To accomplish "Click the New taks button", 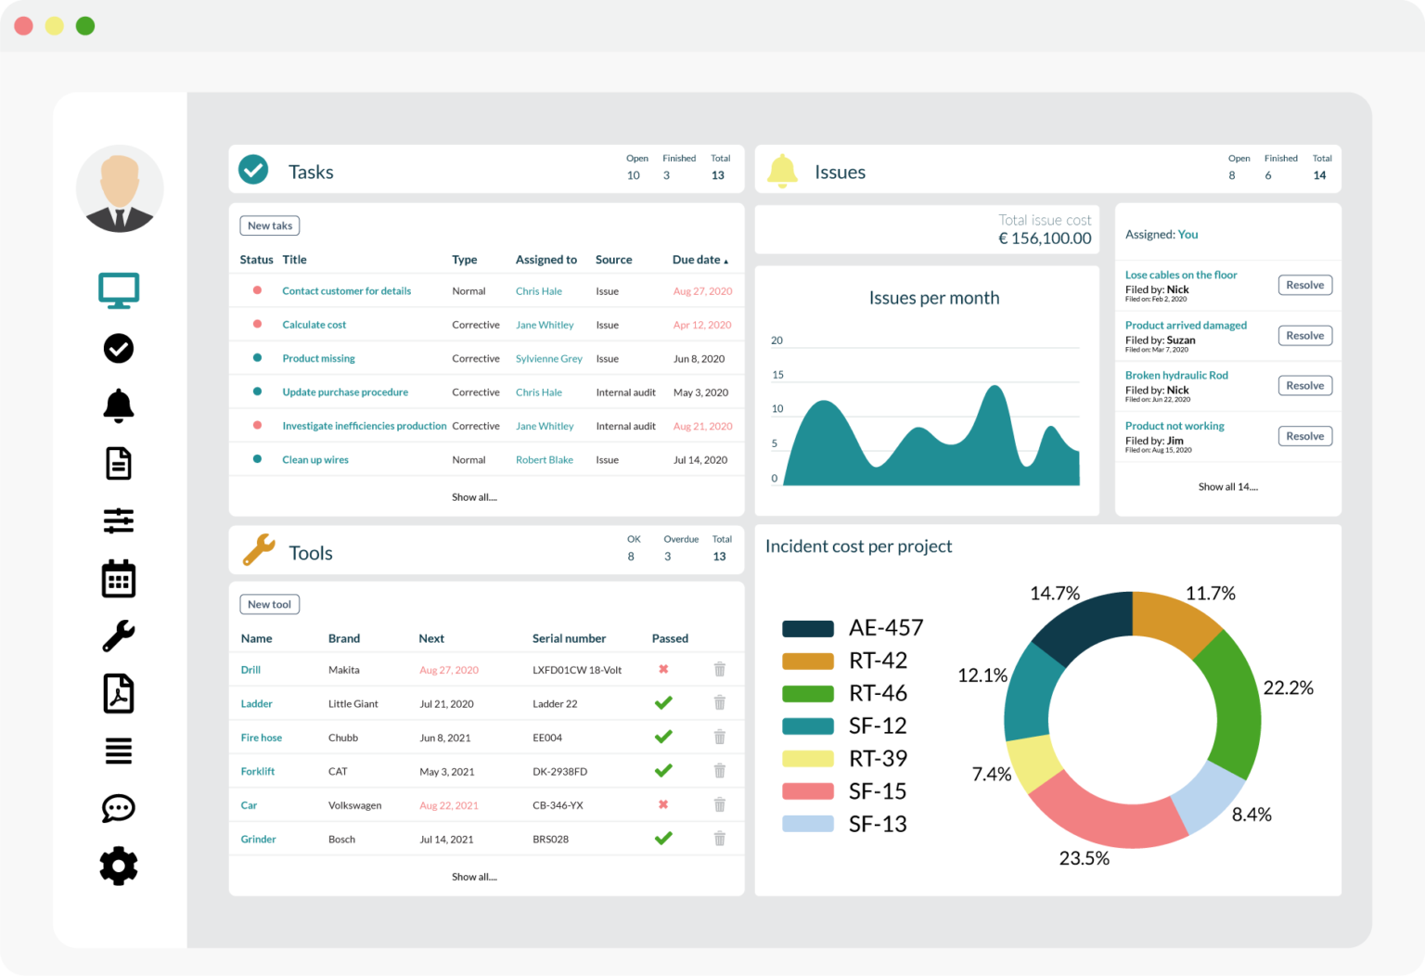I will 269,225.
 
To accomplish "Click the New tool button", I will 269,604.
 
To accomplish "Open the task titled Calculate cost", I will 314,325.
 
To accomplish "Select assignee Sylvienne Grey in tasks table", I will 548,359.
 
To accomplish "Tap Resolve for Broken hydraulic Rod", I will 1304,386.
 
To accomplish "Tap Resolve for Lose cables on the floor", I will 1304,285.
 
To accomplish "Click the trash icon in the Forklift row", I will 719,771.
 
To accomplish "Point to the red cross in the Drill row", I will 663,669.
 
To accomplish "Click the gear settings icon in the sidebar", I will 119,866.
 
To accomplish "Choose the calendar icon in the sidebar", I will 119,579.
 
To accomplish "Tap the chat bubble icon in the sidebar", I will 119,808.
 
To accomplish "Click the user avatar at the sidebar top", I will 120,189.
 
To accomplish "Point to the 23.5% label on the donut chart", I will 1084,858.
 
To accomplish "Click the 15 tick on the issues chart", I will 777,375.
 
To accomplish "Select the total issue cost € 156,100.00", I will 1044,238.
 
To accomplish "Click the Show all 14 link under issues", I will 1227,487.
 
